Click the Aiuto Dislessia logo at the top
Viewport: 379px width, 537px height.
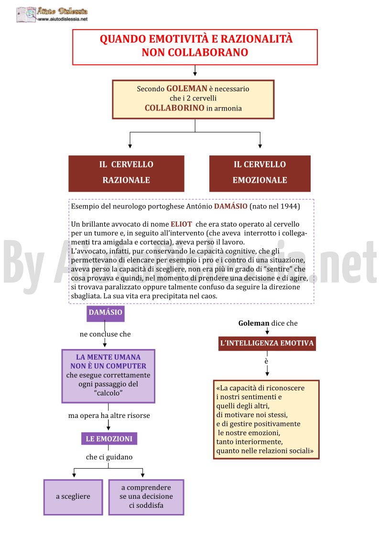(52, 15)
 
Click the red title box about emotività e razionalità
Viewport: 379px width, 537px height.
(195, 47)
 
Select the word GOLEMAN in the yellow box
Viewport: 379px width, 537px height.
(186, 88)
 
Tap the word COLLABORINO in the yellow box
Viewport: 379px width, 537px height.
(174, 108)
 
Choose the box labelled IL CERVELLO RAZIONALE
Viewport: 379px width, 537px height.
(126, 173)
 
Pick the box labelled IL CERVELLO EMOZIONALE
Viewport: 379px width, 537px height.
(260, 173)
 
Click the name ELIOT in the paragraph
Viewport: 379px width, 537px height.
(181, 224)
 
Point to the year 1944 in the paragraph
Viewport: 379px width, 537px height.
(289, 206)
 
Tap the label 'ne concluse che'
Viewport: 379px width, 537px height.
(105, 334)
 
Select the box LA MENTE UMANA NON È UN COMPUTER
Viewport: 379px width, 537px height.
(108, 376)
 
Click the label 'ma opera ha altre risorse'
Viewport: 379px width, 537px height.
(109, 416)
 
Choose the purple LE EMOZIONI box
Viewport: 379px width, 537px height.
(109, 438)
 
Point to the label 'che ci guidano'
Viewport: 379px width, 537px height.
(109, 457)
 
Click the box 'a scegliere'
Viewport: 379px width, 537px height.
(73, 497)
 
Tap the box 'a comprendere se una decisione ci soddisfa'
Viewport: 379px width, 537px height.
(146, 497)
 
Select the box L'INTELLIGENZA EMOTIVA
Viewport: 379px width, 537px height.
(267, 343)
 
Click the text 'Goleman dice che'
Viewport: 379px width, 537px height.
(268, 323)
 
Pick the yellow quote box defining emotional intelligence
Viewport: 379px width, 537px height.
(266, 419)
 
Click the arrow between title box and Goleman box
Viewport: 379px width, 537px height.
(195, 71)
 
